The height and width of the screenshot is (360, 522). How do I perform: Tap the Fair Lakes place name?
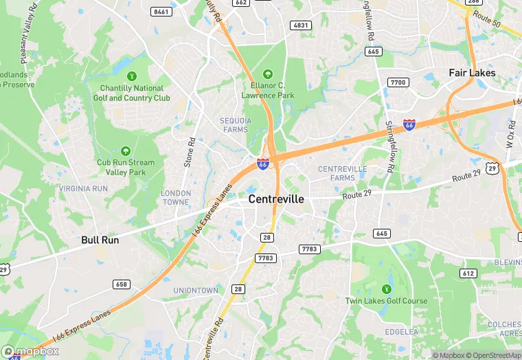472,72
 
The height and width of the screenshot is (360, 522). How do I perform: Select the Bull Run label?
100,240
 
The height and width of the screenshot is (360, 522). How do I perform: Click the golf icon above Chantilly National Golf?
132,75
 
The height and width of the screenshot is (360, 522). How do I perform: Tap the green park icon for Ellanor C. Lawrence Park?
267,74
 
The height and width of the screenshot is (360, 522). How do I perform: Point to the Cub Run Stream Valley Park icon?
125,151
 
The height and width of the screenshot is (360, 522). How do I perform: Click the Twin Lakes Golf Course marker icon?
386,289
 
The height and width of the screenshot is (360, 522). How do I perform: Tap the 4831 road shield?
301,25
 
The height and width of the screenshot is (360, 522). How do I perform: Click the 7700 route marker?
398,82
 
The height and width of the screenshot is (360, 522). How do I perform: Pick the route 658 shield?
122,284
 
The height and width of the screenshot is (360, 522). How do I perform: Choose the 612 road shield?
468,273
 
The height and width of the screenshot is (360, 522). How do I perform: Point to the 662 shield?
240,3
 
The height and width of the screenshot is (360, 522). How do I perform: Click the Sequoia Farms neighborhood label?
236,124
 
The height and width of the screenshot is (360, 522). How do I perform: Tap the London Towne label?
176,198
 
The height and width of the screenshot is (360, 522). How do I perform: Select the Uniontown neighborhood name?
196,291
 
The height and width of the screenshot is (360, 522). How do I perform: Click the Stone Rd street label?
190,153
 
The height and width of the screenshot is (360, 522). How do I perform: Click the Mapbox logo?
30,352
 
